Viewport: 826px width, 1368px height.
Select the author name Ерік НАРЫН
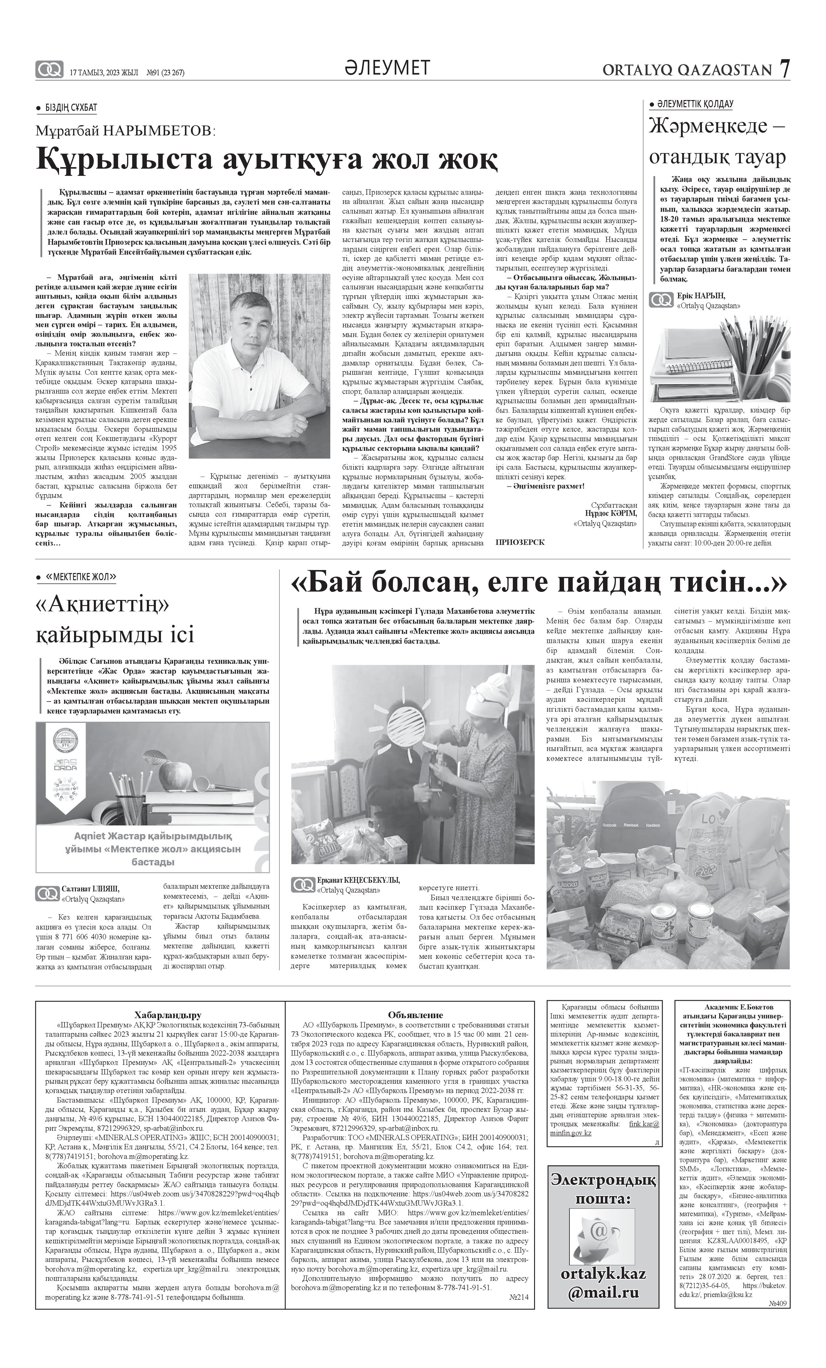click(x=701, y=295)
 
